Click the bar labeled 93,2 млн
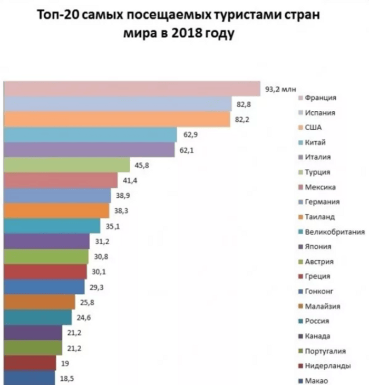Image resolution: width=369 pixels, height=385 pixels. click(132, 89)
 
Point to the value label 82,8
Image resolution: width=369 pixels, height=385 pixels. click(245, 105)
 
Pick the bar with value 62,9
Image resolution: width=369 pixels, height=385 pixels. click(90, 135)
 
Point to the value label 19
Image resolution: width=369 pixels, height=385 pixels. click(66, 363)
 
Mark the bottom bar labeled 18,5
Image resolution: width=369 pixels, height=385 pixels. click(28, 378)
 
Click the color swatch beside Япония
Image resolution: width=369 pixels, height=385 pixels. click(299, 246)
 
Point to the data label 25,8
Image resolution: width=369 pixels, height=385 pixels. click(88, 303)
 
